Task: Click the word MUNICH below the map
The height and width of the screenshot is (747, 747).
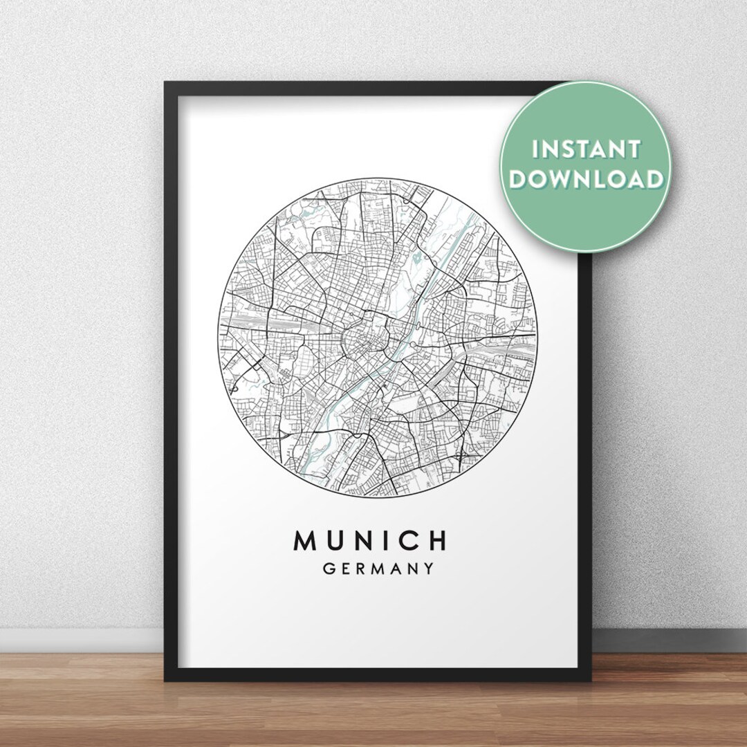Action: pos(371,541)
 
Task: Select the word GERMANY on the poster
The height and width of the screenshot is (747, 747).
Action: pos(378,569)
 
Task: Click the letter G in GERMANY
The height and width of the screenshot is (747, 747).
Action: pos(329,569)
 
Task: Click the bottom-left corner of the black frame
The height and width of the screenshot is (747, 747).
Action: pos(166,679)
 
